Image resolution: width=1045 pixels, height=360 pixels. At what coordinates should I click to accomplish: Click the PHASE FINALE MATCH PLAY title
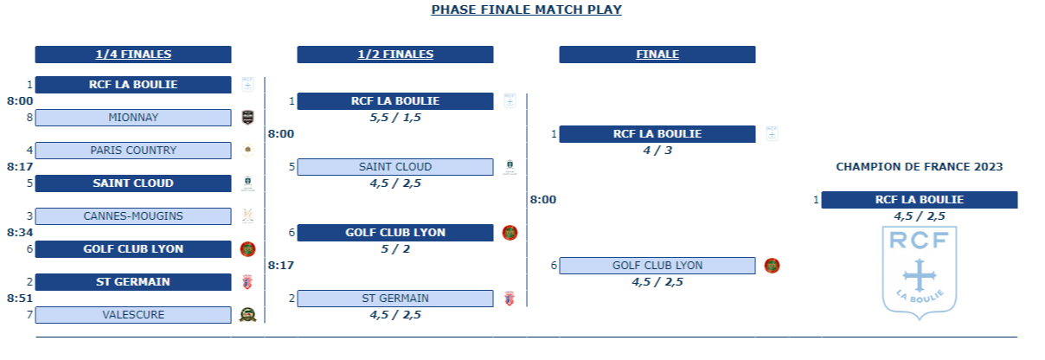point(526,10)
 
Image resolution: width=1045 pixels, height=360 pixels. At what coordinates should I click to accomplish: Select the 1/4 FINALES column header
point(133,55)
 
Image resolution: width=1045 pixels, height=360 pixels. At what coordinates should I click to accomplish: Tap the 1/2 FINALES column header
point(395,55)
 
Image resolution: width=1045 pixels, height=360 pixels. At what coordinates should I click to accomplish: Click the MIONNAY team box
point(133,118)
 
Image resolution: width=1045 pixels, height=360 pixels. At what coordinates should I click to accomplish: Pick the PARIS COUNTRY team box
point(133,151)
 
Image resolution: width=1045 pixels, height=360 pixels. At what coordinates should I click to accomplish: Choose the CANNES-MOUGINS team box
point(133,216)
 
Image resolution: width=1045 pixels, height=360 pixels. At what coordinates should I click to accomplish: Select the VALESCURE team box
point(133,315)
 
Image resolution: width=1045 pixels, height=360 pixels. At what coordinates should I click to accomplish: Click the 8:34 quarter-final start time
point(20,233)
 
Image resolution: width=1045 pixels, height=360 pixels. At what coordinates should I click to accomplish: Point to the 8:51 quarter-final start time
point(20,299)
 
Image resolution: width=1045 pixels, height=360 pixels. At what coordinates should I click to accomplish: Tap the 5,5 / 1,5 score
point(395,118)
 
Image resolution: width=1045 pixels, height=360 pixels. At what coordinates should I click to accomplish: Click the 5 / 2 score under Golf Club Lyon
point(395,249)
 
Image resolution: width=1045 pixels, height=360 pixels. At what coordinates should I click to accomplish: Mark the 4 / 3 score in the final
point(657,151)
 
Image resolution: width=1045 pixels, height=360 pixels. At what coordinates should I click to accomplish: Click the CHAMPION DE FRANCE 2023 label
point(919,167)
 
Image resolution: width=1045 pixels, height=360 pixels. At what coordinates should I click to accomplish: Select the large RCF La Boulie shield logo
point(919,273)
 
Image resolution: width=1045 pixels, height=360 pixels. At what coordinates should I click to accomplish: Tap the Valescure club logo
point(247,315)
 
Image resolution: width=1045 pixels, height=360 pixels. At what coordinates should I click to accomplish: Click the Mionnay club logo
point(247,118)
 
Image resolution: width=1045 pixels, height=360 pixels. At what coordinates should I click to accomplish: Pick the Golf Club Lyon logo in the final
point(772,266)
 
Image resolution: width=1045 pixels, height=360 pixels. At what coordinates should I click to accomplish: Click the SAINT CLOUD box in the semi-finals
point(395,167)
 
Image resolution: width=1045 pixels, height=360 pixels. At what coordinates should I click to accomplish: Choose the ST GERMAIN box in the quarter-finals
point(133,282)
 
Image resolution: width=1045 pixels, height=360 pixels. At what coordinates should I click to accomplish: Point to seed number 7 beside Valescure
point(29,315)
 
